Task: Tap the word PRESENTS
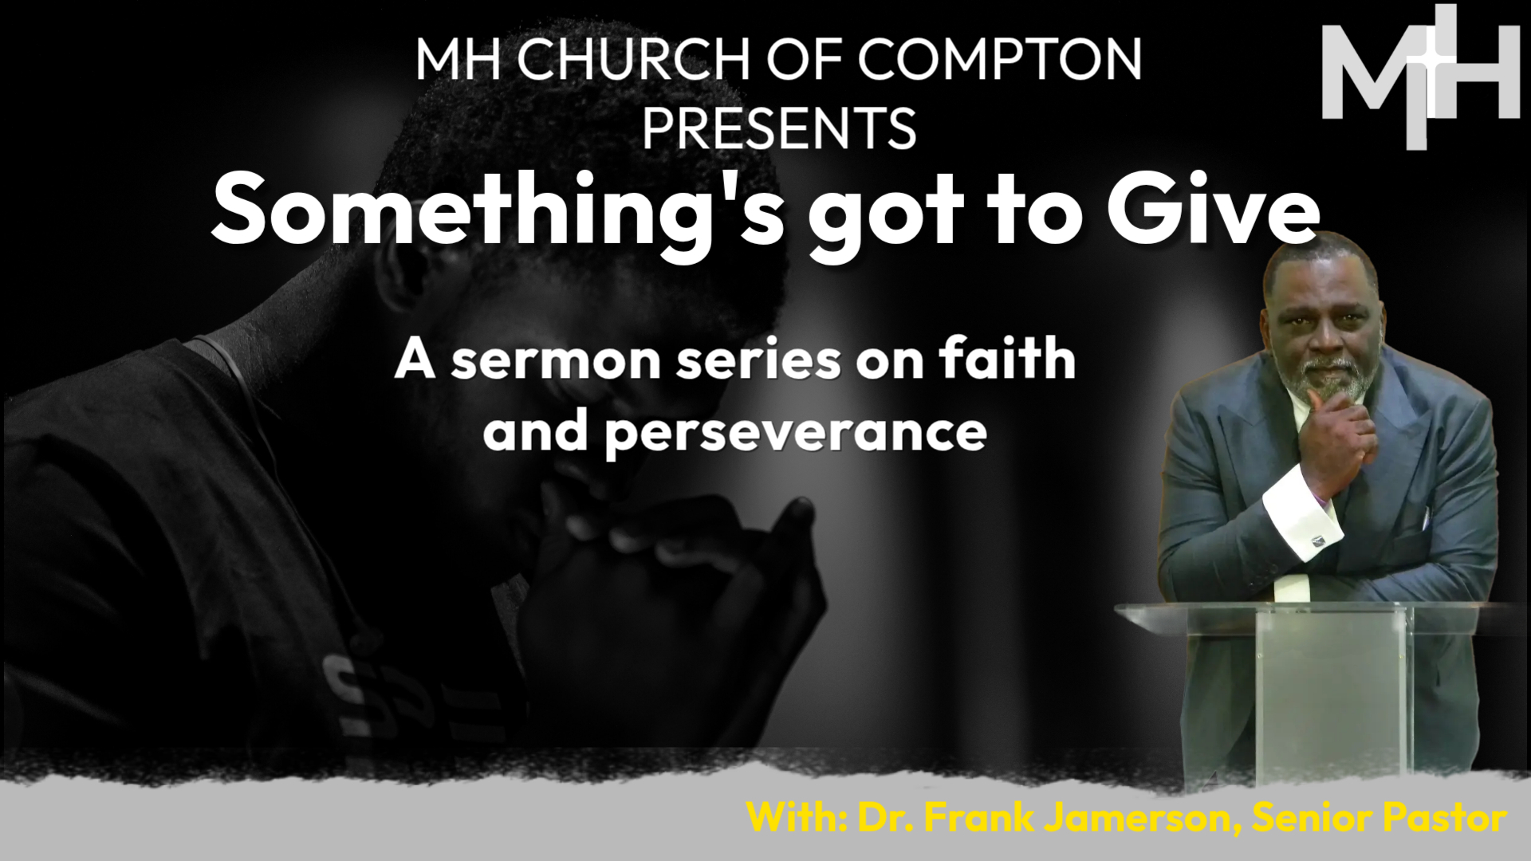click(779, 128)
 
